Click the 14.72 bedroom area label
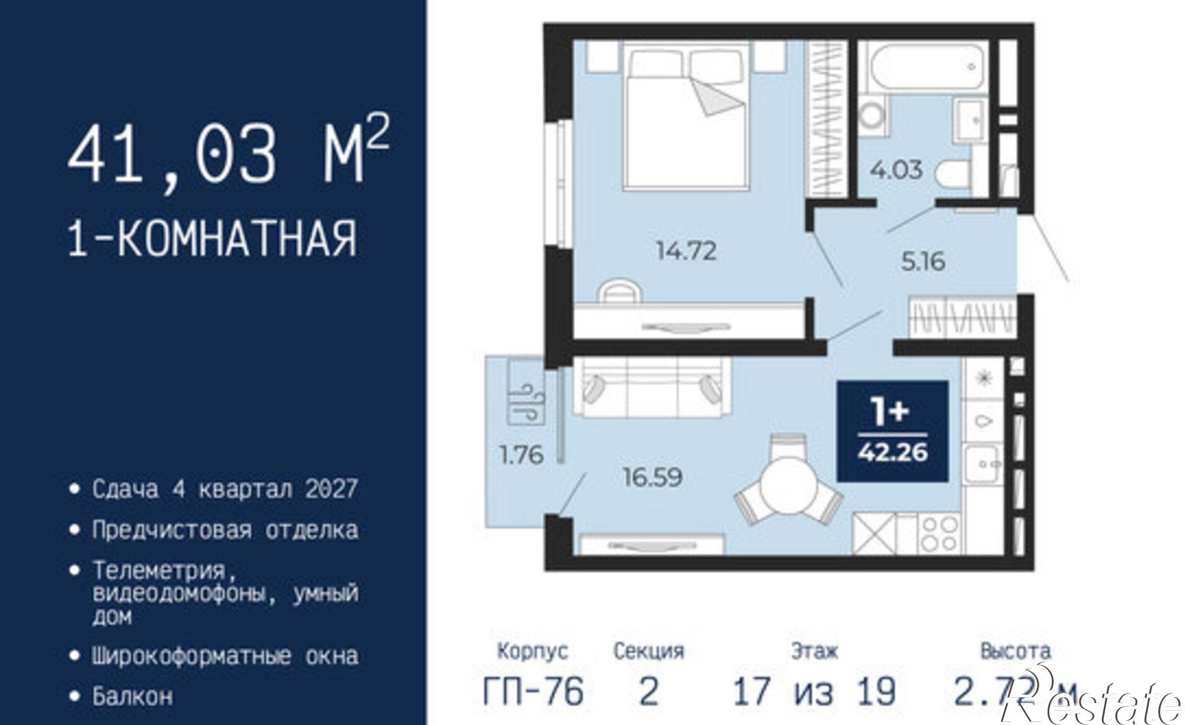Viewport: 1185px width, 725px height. point(686,251)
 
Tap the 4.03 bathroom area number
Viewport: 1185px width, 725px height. point(896,170)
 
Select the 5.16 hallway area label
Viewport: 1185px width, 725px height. point(923,261)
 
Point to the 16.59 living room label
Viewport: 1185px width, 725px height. point(652,477)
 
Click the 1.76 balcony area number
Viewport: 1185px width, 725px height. point(521,455)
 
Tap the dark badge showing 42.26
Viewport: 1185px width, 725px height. point(892,431)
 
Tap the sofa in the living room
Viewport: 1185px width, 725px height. point(652,388)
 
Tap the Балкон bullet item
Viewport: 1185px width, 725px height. point(133,696)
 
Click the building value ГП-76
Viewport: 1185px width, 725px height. point(533,692)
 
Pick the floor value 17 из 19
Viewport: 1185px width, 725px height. point(814,692)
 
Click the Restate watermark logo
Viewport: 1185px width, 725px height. point(1096,702)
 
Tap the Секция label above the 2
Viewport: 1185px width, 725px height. point(648,651)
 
